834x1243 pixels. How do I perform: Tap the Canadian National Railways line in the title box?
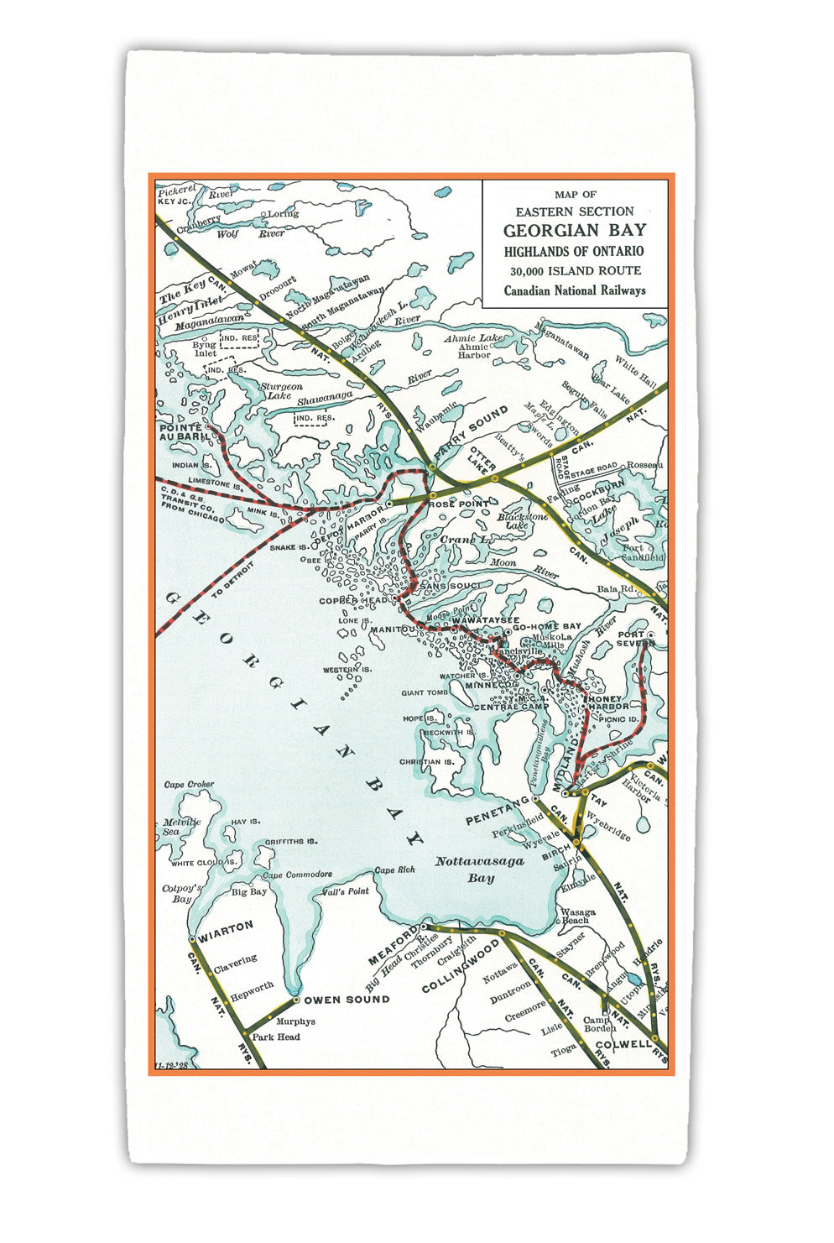tap(575, 290)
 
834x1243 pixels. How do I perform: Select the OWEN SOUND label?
tap(347, 999)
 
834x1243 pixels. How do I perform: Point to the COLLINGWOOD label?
tap(460, 966)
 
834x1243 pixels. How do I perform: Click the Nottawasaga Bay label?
tap(480, 870)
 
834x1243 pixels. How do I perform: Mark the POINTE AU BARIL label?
tap(180, 432)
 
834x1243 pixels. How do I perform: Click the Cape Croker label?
tap(189, 785)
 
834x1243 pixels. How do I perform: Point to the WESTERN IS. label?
tap(347, 670)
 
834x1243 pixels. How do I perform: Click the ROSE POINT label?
tap(453, 504)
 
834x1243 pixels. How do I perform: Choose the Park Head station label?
tap(276, 1037)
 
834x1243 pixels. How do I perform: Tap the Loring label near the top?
tap(283, 214)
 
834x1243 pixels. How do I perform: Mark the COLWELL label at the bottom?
tap(623, 1045)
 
